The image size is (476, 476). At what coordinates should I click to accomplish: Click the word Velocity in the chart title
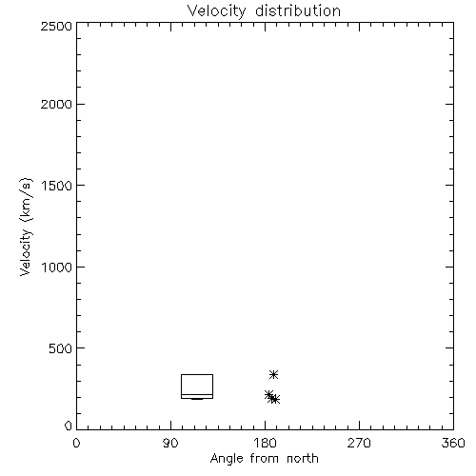(x=216, y=11)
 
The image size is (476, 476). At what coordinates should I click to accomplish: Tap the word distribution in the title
(x=298, y=10)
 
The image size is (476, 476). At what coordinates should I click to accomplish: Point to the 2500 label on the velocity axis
(x=56, y=26)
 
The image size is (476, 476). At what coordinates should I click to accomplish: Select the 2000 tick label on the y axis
(x=56, y=104)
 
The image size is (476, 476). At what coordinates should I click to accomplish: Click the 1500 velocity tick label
(x=57, y=186)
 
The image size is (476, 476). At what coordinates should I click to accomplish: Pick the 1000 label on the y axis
(x=57, y=268)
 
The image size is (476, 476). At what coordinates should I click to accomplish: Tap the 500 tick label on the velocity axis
(x=61, y=348)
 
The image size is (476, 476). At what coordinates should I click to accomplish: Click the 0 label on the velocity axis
(x=69, y=426)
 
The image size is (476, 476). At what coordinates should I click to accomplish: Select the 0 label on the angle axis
(x=76, y=443)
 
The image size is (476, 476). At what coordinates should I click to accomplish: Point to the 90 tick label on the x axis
(x=170, y=443)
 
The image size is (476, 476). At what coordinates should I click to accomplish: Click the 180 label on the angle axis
(x=265, y=443)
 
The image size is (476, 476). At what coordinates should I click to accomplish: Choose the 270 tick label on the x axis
(x=359, y=443)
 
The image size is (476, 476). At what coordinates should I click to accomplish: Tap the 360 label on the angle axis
(x=453, y=443)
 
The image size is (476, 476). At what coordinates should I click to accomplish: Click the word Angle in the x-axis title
(x=227, y=459)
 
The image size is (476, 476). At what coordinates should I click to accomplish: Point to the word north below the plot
(x=303, y=458)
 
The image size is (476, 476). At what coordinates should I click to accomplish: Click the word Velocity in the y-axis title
(x=26, y=252)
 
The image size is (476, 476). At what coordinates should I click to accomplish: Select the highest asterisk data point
(x=273, y=375)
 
